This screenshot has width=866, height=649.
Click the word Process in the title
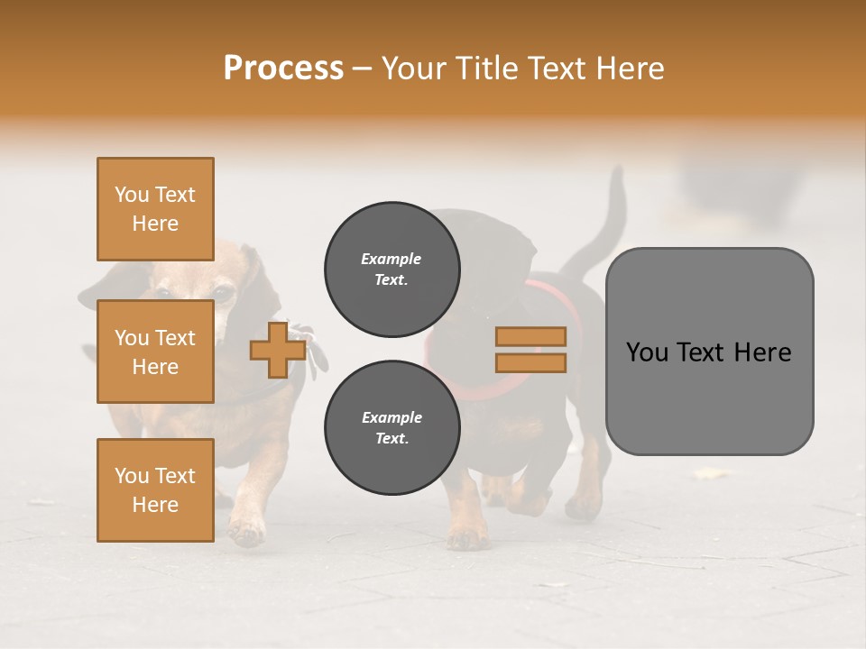point(283,69)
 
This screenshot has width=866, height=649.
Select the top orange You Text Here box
point(155,209)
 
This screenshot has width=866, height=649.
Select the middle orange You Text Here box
point(155,352)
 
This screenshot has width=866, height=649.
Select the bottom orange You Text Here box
point(155,489)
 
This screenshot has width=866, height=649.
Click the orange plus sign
point(278,350)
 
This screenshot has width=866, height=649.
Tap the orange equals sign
point(530,350)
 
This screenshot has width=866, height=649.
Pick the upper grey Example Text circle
point(392,270)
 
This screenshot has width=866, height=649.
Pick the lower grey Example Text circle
point(392,428)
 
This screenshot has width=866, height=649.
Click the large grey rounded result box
point(709,352)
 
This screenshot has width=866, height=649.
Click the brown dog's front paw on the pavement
point(245,532)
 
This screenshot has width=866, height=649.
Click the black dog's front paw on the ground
point(466,538)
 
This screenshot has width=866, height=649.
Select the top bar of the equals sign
point(530,336)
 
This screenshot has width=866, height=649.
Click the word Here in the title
point(628,69)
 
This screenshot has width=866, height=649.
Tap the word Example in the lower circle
point(392,417)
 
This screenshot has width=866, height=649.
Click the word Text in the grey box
point(709,352)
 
